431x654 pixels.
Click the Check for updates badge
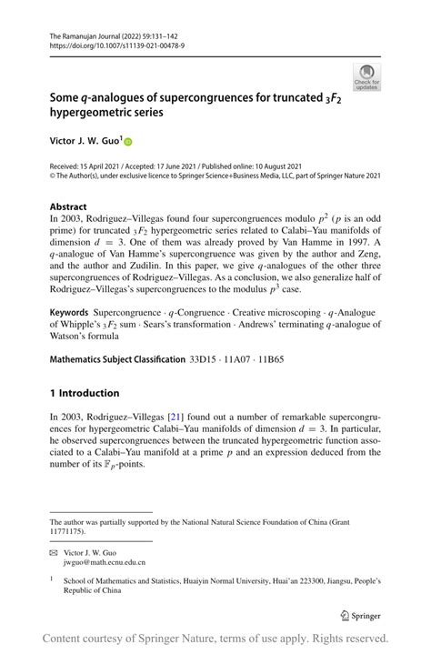pos(368,76)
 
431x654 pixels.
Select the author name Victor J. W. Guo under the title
pos(85,143)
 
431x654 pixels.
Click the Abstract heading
pos(68,206)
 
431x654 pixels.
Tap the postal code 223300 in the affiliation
pos(296,580)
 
